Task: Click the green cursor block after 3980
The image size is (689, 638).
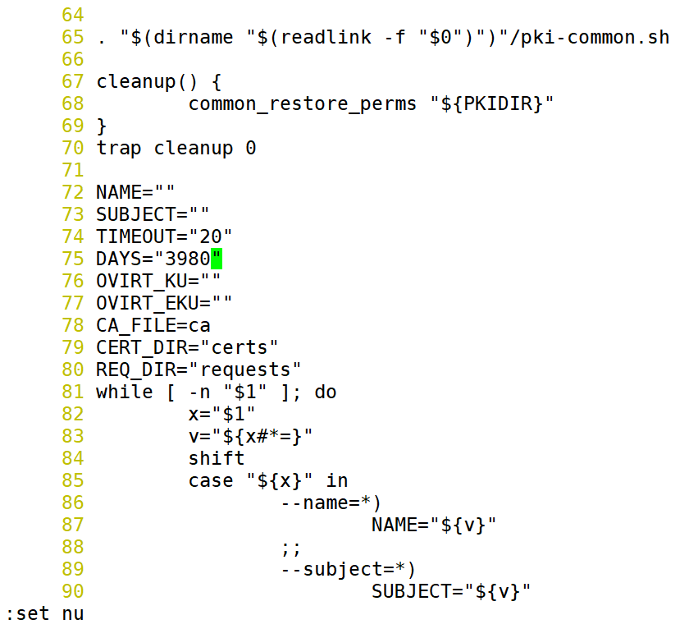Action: [217, 259]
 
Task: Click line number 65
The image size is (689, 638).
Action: [73, 37]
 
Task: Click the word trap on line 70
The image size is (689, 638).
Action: [119, 148]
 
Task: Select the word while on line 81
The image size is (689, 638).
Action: [125, 392]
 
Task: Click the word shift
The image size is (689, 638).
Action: [217, 458]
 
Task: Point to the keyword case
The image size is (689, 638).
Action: [211, 480]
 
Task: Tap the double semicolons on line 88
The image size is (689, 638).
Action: [291, 547]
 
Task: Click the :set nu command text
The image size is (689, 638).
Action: [45, 613]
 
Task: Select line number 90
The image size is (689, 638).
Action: [73, 591]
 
